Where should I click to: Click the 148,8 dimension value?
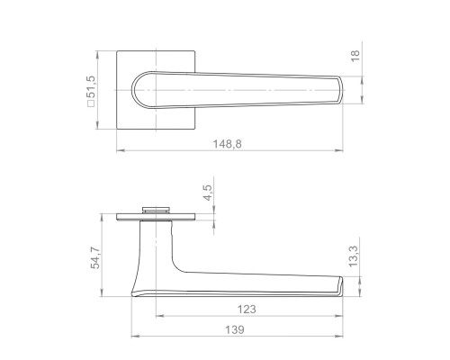pyautogui.click(x=227, y=144)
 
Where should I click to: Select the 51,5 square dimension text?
pyautogui.click(x=91, y=87)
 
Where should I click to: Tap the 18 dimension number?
pyautogui.click(x=355, y=56)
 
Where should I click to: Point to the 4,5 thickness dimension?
pyautogui.click(x=207, y=193)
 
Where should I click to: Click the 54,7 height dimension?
pyautogui.click(x=96, y=256)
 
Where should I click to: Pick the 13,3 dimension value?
pyautogui.click(x=354, y=256)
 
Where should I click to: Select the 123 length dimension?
pyautogui.click(x=247, y=309)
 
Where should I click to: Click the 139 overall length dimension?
pyautogui.click(x=235, y=329)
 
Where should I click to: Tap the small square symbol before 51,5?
pyautogui.click(x=91, y=103)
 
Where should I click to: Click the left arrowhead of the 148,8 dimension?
pyautogui.click(x=121, y=150)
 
